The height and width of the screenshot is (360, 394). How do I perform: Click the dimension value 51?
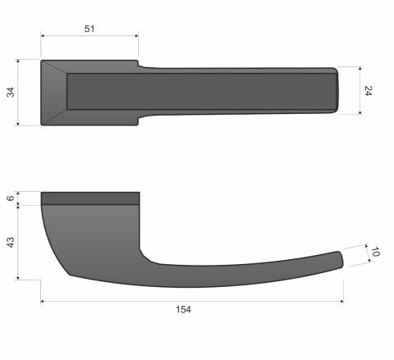[89, 29]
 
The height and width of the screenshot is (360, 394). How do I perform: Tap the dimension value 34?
[11, 93]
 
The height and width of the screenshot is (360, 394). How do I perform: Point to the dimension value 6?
[11, 198]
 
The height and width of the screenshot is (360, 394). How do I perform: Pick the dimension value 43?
[11, 242]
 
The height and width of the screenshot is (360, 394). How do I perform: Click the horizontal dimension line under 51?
[89, 36]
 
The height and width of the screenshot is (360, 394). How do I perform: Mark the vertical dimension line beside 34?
[20, 93]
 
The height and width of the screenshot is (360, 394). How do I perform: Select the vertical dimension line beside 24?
[358, 90]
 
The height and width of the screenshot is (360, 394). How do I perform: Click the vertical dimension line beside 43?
[20, 242]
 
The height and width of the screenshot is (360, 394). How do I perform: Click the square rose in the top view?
[90, 92]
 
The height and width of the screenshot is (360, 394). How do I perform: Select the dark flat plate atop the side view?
[90, 198]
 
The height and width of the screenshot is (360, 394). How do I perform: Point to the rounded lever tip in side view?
[338, 259]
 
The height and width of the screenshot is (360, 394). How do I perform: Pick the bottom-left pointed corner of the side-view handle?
[70, 274]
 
